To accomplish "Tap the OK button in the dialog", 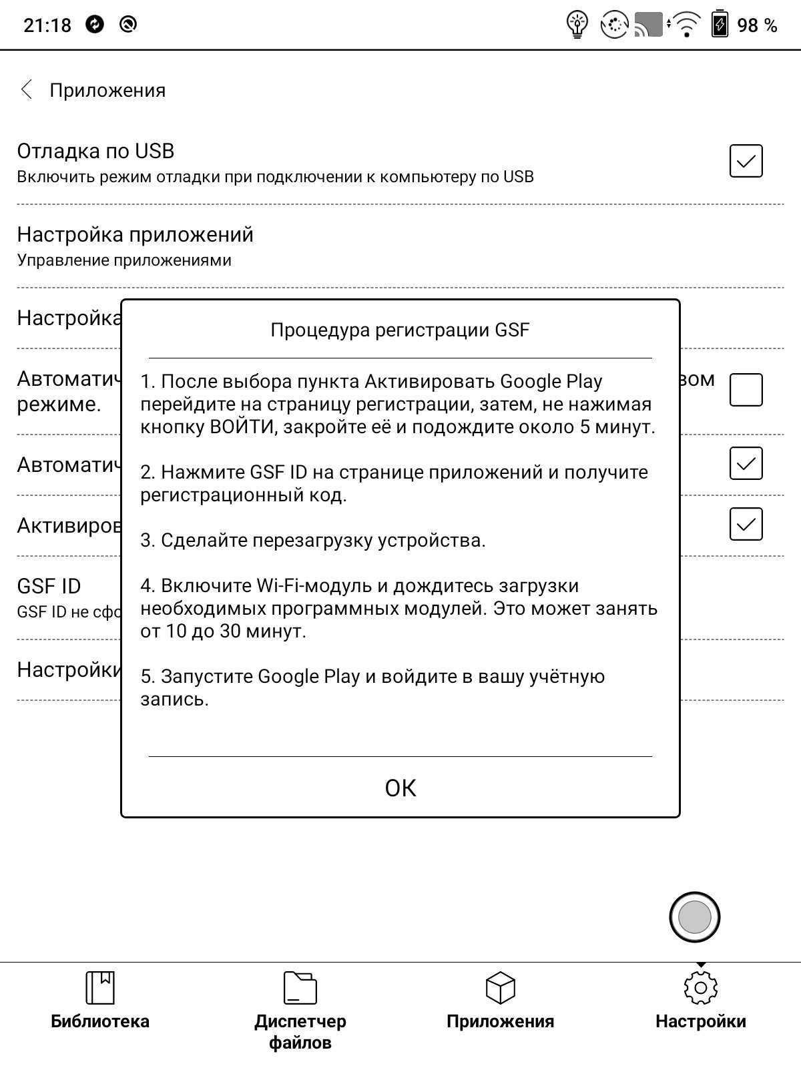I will (400, 788).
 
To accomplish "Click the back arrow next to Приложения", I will (27, 89).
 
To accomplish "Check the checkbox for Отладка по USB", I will (746, 161).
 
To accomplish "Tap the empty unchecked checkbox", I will (746, 390).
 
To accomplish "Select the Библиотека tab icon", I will (100, 988).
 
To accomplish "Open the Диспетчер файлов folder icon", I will (300, 988).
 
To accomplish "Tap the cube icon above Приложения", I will (500, 988).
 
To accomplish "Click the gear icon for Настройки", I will (700, 988).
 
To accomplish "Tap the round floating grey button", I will (694, 916).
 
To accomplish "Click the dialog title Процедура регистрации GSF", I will (400, 330).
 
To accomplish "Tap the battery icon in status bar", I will (720, 25).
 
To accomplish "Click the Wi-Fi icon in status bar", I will (686, 25).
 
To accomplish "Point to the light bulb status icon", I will (577, 25).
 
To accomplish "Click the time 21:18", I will (47, 25).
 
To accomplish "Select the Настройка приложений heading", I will (136, 234).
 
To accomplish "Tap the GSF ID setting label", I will (49, 586).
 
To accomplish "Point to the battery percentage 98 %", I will (757, 25).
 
